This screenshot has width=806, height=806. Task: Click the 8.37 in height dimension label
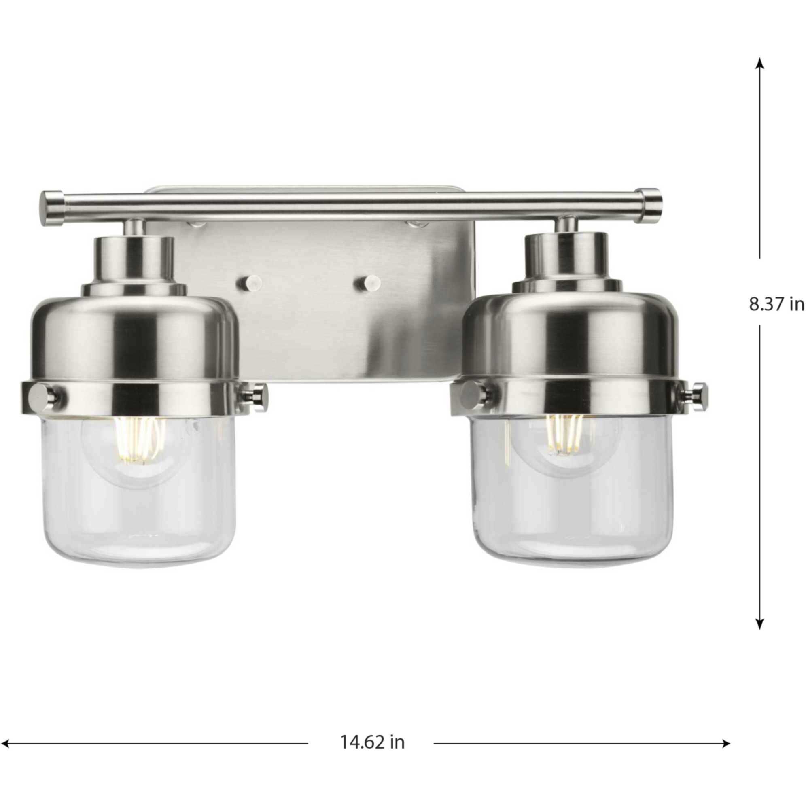point(776,304)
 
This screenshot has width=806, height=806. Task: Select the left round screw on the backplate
point(249,284)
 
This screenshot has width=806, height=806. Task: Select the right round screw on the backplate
point(367,283)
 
